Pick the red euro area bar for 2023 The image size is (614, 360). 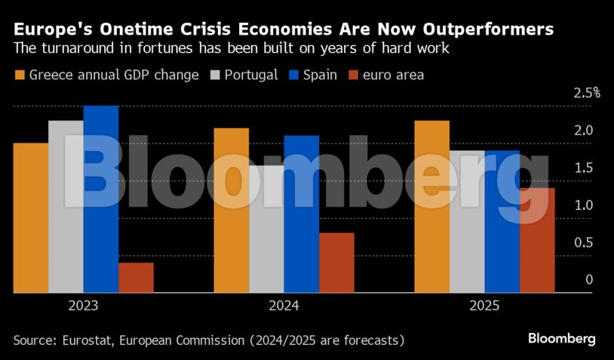click(x=136, y=277)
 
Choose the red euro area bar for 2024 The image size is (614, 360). click(x=336, y=262)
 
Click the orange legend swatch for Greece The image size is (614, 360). click(x=20, y=75)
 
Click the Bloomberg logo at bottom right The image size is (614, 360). click(x=561, y=339)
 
